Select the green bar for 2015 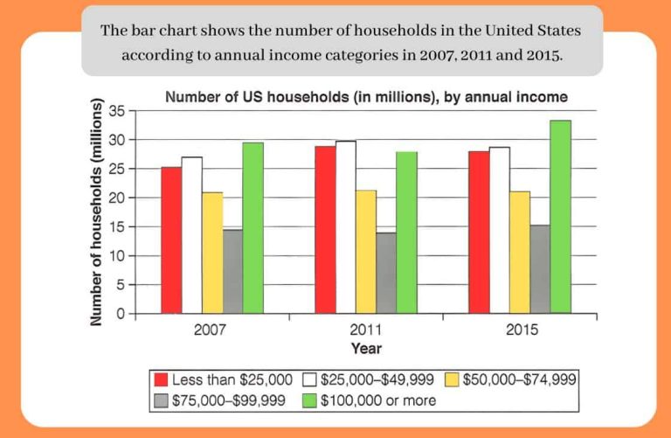560,216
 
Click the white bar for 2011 345,226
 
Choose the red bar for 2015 479,232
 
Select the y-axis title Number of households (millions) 98,213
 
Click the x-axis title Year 366,348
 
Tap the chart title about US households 366,96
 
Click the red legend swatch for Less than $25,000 161,380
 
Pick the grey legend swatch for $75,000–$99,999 161,400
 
